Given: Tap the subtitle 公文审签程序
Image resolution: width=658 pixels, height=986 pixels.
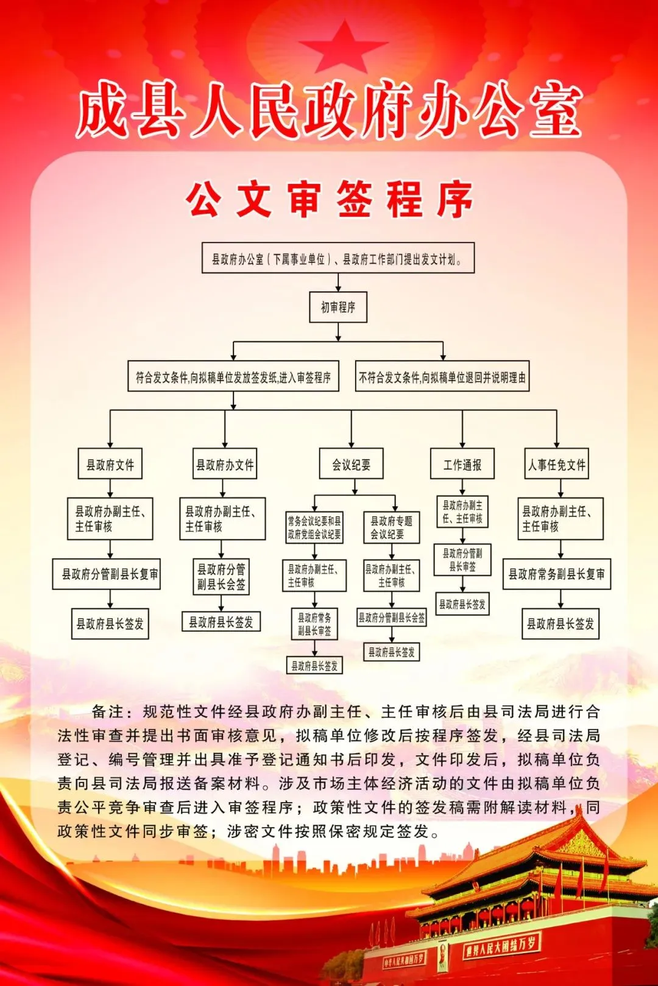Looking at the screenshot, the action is tap(329, 199).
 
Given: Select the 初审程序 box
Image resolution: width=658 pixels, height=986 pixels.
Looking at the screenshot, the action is tap(338, 308).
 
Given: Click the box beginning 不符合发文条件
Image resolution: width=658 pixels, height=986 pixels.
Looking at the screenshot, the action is tap(442, 378).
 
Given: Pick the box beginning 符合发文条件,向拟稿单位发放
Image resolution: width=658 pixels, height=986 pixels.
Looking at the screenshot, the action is tap(233, 378).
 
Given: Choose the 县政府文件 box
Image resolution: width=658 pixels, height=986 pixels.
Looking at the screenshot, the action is tap(110, 465).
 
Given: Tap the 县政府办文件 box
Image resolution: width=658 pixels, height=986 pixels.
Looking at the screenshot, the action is tap(225, 465).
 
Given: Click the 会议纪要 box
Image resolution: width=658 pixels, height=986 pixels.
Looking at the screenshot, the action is tap(352, 465).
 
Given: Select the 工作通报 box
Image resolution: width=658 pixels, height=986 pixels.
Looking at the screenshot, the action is tap(462, 465).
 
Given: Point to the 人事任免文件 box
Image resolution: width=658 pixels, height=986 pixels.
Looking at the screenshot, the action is tap(557, 465).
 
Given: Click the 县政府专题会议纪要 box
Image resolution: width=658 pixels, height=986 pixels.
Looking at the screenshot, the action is tap(391, 527).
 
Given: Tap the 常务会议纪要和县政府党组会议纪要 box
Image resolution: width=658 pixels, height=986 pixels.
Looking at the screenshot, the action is tap(314, 527).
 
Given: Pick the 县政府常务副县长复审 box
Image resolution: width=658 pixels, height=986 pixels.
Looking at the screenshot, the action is tap(557, 574).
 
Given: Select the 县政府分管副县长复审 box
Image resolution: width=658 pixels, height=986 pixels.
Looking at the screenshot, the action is tap(107, 574).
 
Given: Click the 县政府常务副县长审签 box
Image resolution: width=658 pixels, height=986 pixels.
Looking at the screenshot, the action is tap(314, 624).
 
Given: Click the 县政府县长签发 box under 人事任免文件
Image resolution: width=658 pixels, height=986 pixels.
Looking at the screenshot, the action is tap(561, 624).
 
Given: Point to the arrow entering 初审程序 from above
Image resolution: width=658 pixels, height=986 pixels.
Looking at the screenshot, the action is tap(338, 283).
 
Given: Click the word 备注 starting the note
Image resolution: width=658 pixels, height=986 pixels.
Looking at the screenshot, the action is tap(108, 711).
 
